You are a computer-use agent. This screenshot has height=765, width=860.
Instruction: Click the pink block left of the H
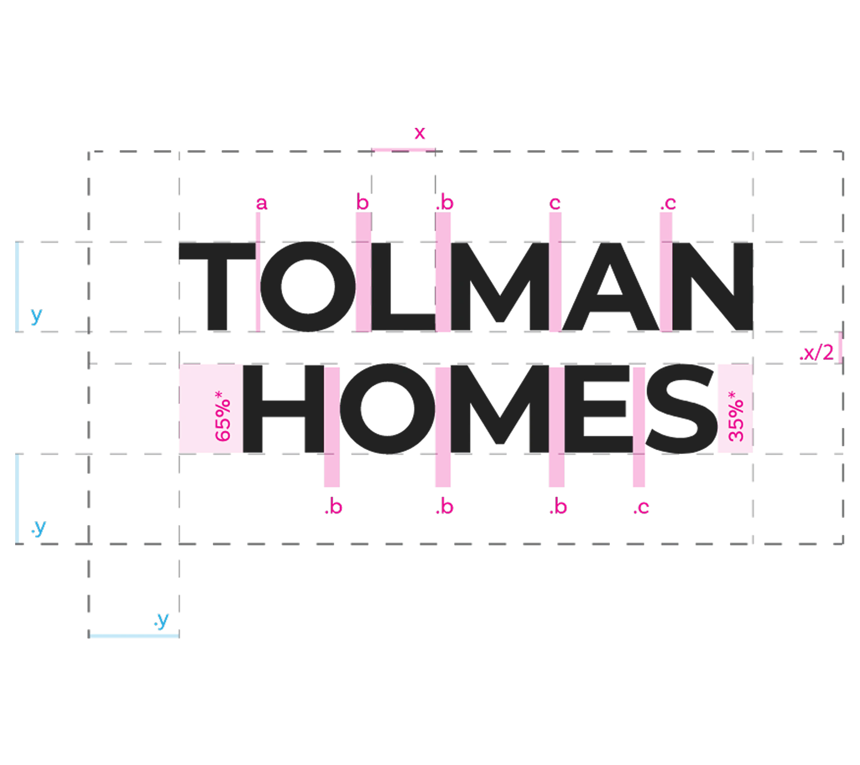[x=210, y=409]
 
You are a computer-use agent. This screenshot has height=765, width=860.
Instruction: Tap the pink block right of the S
[x=735, y=409]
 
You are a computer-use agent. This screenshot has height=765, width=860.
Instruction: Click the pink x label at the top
[x=419, y=133]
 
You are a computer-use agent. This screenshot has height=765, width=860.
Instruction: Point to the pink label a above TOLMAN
[x=262, y=204]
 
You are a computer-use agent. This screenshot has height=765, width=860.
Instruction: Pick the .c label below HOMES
[x=641, y=508]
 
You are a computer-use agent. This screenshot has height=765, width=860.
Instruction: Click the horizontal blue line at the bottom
[x=134, y=636]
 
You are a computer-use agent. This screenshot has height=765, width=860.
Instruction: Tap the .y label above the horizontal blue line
[x=161, y=620]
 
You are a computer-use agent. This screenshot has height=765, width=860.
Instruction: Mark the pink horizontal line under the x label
[x=403, y=150]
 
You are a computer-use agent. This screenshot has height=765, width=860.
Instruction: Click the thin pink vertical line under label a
[x=258, y=271]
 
